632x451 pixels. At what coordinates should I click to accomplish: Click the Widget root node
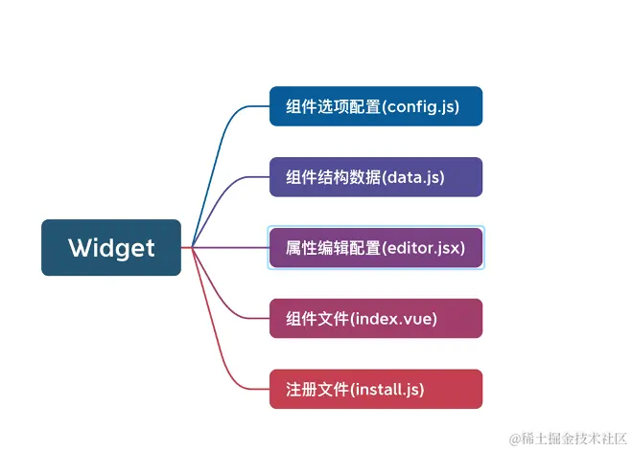tap(111, 248)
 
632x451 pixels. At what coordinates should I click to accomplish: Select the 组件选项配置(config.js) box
tap(375, 106)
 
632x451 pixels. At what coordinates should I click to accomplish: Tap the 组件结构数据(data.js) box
tap(375, 177)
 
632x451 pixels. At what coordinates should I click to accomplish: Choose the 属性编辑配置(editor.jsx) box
tap(375, 248)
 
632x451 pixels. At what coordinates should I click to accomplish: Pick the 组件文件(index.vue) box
tap(375, 318)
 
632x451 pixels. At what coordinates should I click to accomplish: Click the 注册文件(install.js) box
tap(375, 389)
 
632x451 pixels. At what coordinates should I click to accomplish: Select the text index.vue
tap(394, 318)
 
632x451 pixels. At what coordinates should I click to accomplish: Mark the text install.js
tap(387, 389)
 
